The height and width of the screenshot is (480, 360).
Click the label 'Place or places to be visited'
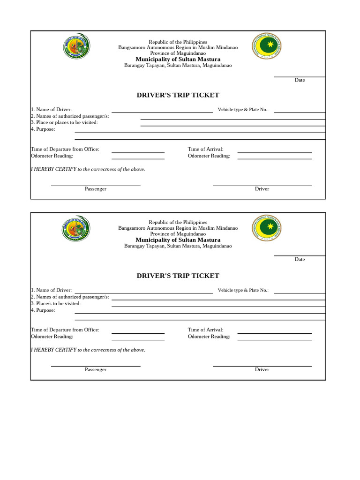(64, 122)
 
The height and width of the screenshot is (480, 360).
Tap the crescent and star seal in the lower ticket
(267, 228)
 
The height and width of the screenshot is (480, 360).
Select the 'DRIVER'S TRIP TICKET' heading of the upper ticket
(178, 95)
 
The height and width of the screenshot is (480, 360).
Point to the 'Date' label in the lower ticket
(300, 259)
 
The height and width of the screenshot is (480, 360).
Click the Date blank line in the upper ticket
(300, 77)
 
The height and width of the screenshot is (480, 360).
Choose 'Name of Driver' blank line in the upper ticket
(162, 112)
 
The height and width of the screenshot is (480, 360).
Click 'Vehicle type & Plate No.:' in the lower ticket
(243, 290)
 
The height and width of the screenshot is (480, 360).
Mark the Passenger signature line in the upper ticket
(96, 186)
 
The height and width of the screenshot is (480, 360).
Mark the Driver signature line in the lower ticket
(262, 366)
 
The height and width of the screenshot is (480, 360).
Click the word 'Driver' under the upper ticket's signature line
(262, 189)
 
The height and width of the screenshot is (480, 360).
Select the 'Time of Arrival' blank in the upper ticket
(274, 152)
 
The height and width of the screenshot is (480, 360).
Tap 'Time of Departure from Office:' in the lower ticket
(65, 330)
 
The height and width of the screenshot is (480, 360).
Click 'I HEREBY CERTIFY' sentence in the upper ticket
(88, 169)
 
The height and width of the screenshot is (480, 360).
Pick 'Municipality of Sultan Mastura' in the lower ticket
(178, 240)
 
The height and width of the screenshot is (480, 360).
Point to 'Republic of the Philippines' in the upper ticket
(178, 42)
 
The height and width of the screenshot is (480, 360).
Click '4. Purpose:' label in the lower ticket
(43, 310)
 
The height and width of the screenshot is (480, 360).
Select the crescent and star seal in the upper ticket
(267, 46)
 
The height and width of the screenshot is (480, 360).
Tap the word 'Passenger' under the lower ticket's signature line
(96, 369)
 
